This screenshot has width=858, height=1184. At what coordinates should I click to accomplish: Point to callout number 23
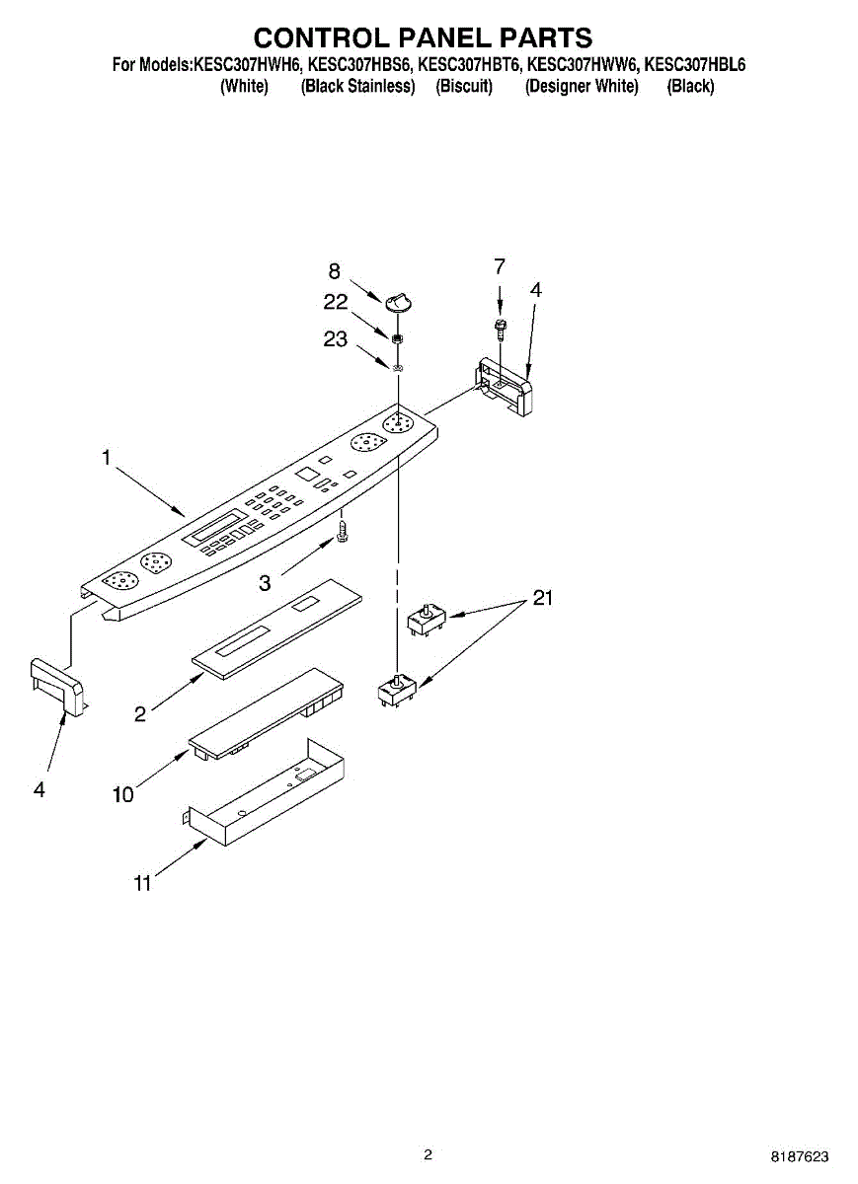[336, 339]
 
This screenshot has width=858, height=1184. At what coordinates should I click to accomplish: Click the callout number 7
[500, 265]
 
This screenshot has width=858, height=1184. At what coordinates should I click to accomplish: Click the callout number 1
[106, 458]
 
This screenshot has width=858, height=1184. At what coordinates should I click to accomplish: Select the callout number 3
[265, 583]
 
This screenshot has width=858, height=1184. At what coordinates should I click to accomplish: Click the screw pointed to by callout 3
[342, 531]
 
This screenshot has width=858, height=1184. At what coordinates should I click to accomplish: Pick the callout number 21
[543, 598]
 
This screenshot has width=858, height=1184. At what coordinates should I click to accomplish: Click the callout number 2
[140, 714]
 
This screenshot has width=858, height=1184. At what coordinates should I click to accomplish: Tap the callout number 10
[123, 793]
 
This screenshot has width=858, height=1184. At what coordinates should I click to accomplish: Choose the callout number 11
[143, 884]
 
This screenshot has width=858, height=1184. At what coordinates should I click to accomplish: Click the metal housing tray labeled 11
[267, 795]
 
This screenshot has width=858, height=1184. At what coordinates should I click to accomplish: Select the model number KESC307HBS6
[360, 65]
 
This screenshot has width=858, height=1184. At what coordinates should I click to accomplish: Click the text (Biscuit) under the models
[464, 86]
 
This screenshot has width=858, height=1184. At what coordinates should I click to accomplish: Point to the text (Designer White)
[582, 86]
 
